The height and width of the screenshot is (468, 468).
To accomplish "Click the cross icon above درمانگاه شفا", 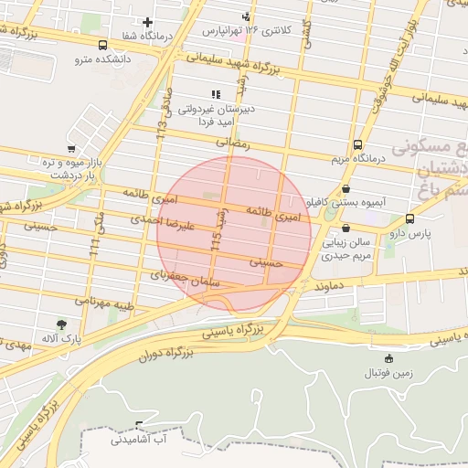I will (148, 21).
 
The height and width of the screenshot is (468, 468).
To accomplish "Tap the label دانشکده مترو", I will (103, 59).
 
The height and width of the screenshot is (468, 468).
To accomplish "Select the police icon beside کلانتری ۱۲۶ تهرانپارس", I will (245, 16).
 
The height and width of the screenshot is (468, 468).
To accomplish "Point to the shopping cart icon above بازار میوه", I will (71, 148).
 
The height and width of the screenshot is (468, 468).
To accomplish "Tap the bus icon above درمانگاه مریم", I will (356, 144).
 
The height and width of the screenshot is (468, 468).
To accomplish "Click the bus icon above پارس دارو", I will (409, 219).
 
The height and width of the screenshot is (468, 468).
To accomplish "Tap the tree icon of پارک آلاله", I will (61, 324).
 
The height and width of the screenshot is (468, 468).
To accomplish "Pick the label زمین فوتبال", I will (388, 372).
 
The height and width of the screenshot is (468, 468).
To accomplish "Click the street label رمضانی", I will (232, 143).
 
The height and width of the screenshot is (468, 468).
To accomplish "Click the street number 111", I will (94, 244).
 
